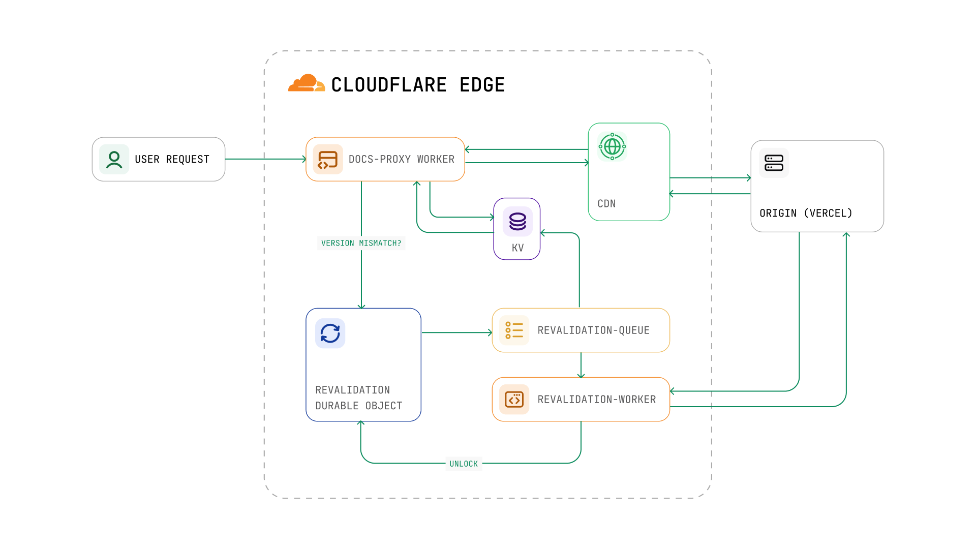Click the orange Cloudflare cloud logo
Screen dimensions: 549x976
point(307,83)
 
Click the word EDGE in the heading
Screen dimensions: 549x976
point(482,85)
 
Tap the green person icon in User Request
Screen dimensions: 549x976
point(114,160)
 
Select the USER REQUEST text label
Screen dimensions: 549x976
point(172,160)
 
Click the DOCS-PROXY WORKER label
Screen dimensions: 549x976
point(401,160)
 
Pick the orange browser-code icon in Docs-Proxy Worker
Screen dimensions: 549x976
point(328,160)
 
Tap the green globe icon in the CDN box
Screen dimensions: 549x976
point(612,146)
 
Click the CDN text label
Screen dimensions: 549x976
point(606,204)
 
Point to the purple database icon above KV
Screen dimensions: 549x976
point(517,222)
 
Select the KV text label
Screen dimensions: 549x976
point(517,248)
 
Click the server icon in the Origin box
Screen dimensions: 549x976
point(774,163)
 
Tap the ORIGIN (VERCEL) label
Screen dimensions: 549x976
point(806,213)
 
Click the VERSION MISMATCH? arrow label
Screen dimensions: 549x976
point(361,243)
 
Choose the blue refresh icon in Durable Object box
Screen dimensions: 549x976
point(330,333)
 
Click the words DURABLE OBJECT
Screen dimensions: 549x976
point(358,406)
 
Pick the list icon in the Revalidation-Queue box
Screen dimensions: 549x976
point(514,330)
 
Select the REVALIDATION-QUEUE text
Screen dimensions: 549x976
point(593,330)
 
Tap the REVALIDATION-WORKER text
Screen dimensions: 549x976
point(596,400)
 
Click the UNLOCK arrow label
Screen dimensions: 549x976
point(464,464)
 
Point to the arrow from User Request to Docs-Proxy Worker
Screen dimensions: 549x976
point(264,159)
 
